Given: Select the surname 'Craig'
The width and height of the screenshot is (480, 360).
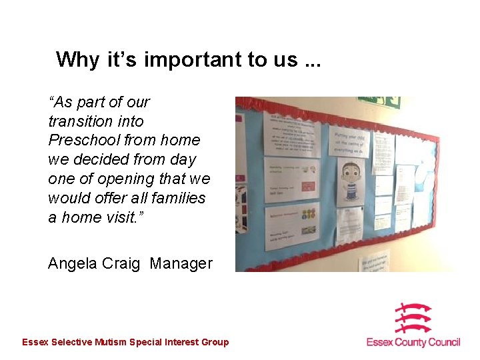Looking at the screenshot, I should [x=121, y=263].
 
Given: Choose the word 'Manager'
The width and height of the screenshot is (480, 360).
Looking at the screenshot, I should [x=181, y=263].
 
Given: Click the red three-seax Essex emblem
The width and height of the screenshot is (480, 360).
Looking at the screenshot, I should [x=413, y=318].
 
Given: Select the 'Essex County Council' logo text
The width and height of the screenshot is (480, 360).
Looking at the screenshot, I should [x=413, y=342].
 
